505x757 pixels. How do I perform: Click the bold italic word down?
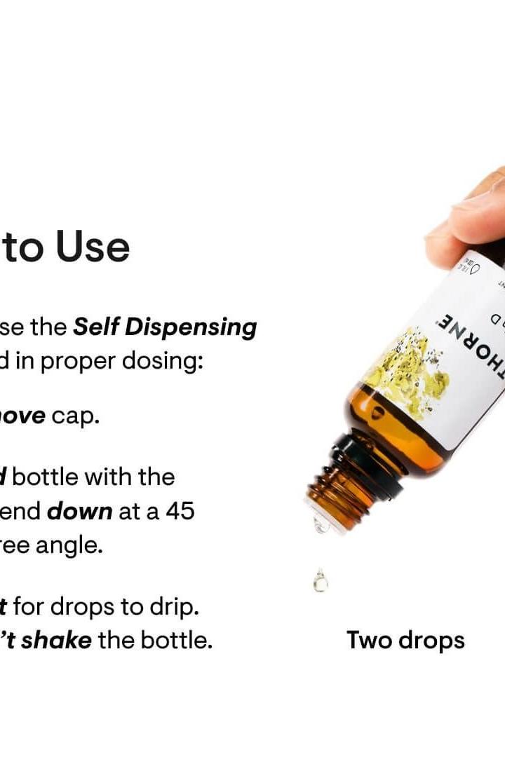coord(79,511)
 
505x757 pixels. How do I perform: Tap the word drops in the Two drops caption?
coord(432,640)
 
